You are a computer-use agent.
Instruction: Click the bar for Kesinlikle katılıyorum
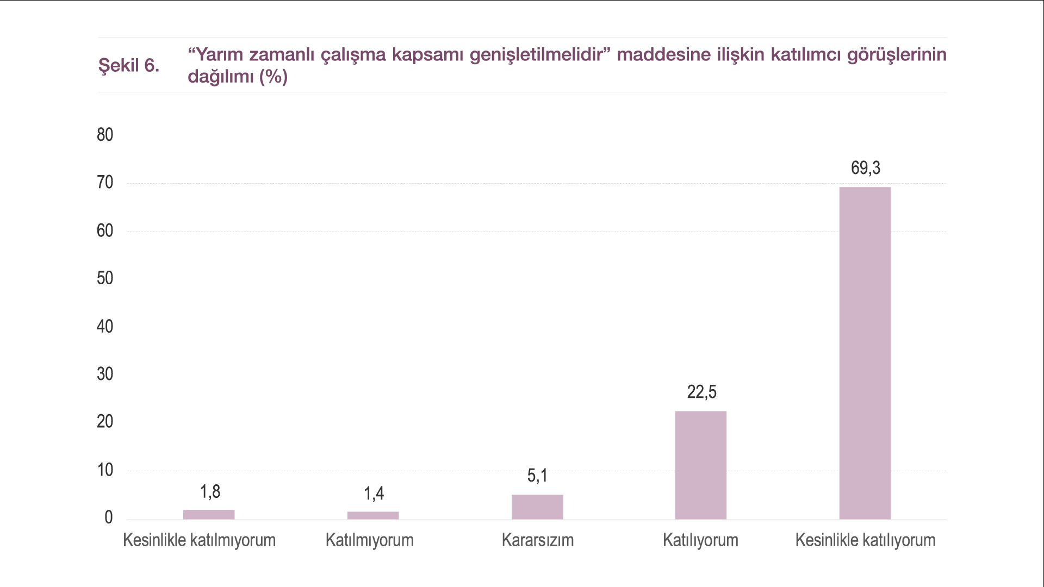(865, 353)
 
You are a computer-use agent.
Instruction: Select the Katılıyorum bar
(700, 465)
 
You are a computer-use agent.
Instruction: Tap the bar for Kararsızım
(537, 507)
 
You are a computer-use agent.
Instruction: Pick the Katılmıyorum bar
(373, 515)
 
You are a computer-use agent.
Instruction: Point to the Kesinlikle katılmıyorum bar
(209, 514)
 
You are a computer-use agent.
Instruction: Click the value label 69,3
(865, 168)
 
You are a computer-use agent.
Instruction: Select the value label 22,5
(701, 392)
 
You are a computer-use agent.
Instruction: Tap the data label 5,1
(537, 476)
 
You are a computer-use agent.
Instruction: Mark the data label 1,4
(374, 494)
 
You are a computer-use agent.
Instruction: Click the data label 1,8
(210, 492)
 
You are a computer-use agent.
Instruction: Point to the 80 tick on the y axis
(105, 135)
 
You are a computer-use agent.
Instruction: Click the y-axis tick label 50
(105, 278)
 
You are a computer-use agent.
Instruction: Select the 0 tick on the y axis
(109, 517)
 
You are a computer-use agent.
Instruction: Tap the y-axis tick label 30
(105, 374)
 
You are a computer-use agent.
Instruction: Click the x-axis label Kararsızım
(537, 540)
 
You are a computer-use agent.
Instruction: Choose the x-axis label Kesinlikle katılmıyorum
(199, 540)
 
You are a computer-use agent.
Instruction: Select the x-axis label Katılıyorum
(700, 540)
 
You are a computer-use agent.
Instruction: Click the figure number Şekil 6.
(129, 65)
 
